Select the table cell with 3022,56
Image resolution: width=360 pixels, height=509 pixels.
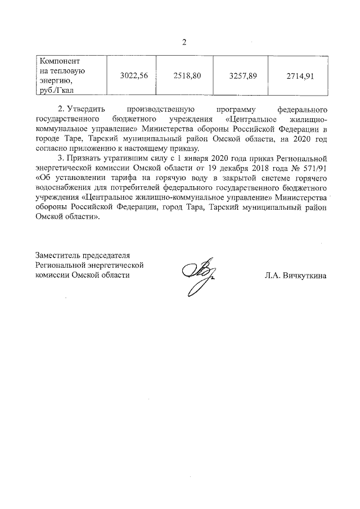pyautogui.click(x=134, y=76)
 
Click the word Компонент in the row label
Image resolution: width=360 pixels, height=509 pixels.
pyautogui.click(x=57, y=60)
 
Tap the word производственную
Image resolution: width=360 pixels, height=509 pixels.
pyautogui.click(x=161, y=110)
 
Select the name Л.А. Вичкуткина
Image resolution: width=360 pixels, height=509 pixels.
pyautogui.click(x=295, y=276)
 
